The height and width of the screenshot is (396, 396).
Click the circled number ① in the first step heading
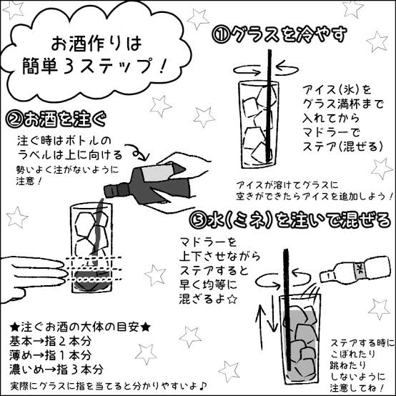tap(221, 35)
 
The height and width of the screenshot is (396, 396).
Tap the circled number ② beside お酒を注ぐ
tap(14, 119)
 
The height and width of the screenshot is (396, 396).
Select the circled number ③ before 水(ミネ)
tap(199, 220)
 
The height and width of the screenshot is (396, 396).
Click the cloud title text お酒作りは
tap(96, 44)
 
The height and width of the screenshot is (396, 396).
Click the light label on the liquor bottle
tap(157, 173)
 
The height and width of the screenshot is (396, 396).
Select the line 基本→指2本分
tap(51, 341)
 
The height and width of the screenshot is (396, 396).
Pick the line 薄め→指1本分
tap(51, 355)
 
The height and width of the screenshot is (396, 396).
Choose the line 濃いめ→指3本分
tap(56, 370)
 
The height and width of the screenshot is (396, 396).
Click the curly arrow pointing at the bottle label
tap(139, 152)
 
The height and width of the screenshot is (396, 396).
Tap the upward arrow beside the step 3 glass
tap(261, 327)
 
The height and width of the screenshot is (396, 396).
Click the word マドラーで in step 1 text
tap(331, 132)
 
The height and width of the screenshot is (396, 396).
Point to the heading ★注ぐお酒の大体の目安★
tap(80, 327)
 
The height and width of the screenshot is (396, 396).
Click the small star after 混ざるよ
tap(232, 300)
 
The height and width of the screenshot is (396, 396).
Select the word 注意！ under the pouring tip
tap(29, 181)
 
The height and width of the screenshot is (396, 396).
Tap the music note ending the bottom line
tap(202, 385)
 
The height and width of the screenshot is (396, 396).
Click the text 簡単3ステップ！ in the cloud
tap(94, 66)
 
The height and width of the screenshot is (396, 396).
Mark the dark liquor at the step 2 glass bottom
tap(92, 279)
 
